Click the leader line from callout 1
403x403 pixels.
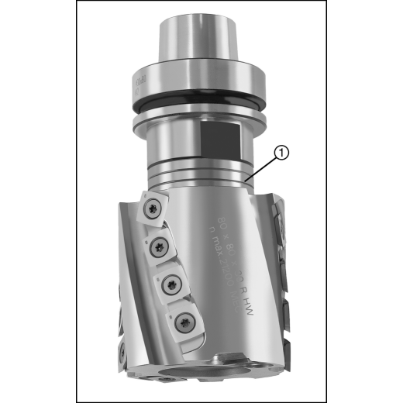(263, 166)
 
